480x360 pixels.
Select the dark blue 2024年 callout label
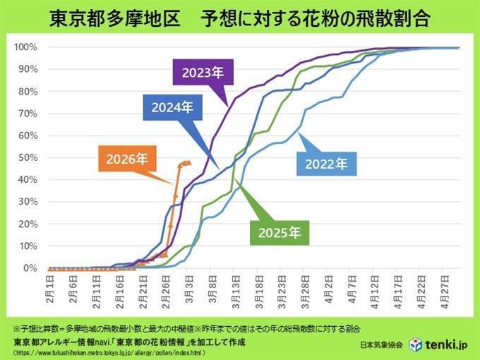click(x=172, y=108)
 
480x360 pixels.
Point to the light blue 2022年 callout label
click(x=326, y=164)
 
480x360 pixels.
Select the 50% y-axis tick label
click(x=28, y=157)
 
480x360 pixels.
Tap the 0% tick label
click(x=30, y=268)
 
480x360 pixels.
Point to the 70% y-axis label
click(x=28, y=114)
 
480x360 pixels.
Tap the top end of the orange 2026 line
click(x=187, y=162)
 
